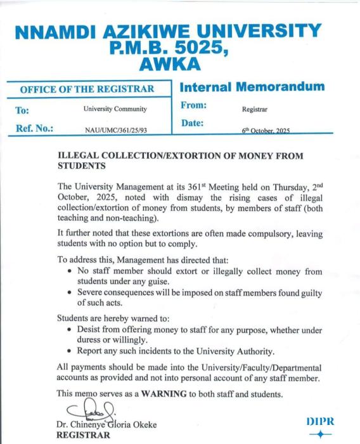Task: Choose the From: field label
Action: tap(196, 108)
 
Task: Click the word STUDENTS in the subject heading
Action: tap(83, 166)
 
